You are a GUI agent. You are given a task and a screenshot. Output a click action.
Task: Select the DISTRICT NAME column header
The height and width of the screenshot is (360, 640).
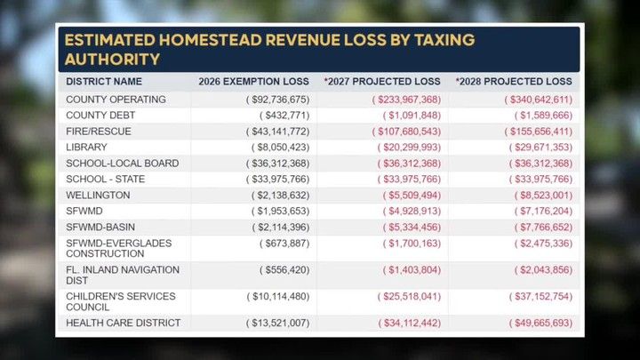point(104,82)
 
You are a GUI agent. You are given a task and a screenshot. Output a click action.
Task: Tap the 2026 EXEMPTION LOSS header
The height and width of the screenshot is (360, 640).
point(253,82)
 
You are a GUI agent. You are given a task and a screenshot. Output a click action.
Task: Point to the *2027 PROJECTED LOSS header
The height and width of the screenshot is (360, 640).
point(382,82)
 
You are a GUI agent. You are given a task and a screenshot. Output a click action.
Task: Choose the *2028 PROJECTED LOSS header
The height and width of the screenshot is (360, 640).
point(514,82)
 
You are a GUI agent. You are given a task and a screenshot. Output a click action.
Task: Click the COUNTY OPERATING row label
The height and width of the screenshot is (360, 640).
point(116,100)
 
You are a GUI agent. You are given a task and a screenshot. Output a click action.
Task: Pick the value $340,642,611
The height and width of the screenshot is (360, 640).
point(539,100)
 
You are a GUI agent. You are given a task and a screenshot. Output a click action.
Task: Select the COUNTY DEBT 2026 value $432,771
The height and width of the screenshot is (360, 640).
point(284,116)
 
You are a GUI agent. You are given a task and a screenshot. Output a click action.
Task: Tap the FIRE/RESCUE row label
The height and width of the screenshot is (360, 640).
point(99,132)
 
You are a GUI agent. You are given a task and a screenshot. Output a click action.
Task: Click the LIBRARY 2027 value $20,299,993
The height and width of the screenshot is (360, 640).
point(409,148)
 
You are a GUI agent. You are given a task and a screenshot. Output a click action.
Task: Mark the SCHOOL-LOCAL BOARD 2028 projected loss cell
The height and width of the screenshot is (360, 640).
point(540,164)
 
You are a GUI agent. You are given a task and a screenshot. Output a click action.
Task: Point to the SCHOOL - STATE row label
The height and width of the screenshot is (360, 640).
point(105,180)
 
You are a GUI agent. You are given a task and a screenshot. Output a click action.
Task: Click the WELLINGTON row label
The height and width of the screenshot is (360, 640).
point(98,195)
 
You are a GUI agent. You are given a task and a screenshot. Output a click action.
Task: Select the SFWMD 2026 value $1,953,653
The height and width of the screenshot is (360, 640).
point(280,211)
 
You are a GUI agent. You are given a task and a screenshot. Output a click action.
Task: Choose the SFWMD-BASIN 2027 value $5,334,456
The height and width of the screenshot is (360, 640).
point(412,227)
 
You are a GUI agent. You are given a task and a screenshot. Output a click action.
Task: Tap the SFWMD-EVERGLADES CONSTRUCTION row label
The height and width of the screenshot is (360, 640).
point(119,249)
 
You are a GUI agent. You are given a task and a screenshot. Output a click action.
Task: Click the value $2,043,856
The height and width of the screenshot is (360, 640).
point(543,270)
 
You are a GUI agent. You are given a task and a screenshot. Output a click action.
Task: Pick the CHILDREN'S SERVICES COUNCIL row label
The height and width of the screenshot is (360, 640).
point(121,301)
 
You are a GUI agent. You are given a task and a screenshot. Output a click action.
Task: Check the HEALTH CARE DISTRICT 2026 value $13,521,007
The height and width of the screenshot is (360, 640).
point(277,323)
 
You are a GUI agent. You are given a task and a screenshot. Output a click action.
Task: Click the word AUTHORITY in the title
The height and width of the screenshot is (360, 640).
point(112,60)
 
